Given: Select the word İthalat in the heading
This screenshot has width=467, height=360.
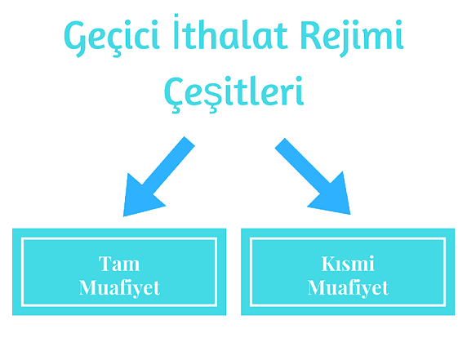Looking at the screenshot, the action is click(x=230, y=32).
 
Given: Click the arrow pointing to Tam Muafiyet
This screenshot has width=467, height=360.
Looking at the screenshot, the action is click(x=159, y=176).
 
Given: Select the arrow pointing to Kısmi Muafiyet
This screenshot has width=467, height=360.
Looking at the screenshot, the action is click(x=313, y=176).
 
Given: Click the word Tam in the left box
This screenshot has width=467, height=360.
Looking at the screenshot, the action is click(x=119, y=264).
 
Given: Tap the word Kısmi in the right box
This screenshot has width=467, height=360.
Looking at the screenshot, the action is click(x=348, y=264).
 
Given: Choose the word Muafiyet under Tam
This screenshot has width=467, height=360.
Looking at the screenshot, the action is click(x=119, y=288).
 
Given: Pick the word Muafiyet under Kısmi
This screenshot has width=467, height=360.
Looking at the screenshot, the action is click(x=348, y=288).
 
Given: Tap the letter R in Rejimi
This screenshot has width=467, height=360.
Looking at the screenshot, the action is click(x=309, y=35).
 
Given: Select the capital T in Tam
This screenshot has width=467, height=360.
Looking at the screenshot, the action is click(x=105, y=263).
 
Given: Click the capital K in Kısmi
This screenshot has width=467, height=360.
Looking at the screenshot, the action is click(x=329, y=263).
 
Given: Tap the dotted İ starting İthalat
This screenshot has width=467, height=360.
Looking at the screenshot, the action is click(x=176, y=31).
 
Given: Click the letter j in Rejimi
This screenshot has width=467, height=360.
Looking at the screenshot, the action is click(x=346, y=38).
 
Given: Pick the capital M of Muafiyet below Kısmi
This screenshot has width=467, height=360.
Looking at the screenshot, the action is click(x=318, y=287).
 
